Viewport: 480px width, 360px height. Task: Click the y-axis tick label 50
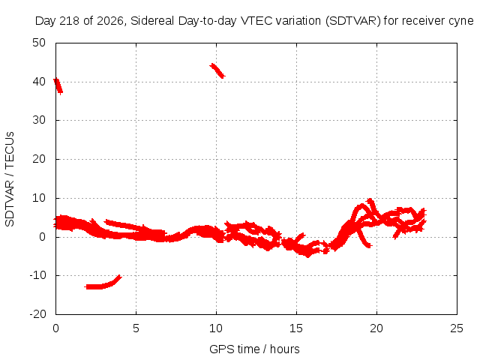click(x=39, y=43)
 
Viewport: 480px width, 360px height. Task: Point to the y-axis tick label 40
click(x=39, y=82)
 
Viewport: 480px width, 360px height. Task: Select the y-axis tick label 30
click(x=39, y=120)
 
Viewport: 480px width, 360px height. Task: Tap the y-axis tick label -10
click(x=37, y=275)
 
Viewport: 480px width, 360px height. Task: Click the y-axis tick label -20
click(x=37, y=314)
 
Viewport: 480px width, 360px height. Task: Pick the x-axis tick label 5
click(x=136, y=328)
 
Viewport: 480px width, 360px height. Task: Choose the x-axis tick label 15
click(x=296, y=328)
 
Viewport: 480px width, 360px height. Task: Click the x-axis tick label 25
click(x=457, y=328)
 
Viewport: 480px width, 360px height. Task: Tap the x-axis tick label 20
click(x=376, y=328)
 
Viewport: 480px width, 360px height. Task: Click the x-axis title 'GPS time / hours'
click(x=254, y=349)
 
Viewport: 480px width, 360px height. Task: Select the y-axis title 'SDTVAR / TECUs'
click(x=10, y=179)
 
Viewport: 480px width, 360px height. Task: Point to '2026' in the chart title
click(x=109, y=21)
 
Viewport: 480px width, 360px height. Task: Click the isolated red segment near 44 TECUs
click(x=217, y=70)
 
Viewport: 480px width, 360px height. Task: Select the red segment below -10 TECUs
click(x=103, y=283)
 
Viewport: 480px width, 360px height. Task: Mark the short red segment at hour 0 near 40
click(x=58, y=86)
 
